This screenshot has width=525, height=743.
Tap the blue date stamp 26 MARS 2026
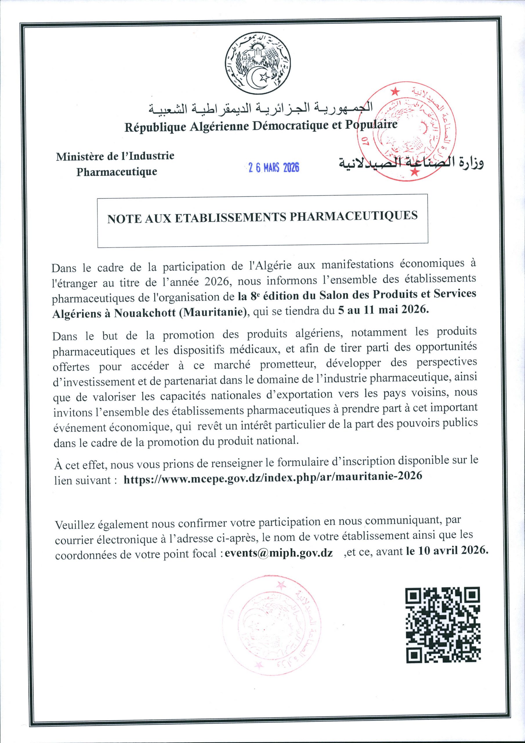coord(274,167)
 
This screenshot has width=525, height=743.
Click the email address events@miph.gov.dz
coord(278,552)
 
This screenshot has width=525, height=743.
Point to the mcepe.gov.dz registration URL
coord(273,476)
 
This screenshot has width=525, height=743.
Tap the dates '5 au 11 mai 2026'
coord(383,309)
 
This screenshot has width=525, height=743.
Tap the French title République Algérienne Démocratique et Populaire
coord(261,126)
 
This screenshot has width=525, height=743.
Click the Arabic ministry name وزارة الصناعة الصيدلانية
coord(411,164)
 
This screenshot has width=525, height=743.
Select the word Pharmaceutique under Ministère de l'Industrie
coord(117,172)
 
